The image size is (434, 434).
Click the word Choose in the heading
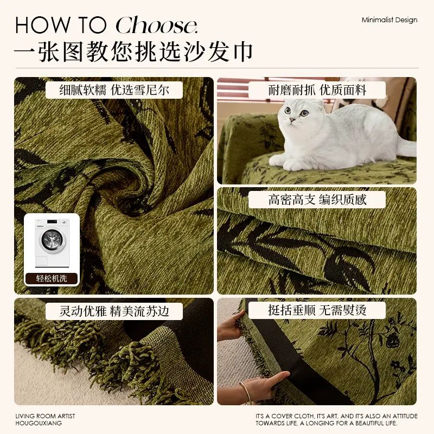156,25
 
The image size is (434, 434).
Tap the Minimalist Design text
389,20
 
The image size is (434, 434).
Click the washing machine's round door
52,240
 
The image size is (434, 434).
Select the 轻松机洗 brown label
52,278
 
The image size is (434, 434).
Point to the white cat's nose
292,119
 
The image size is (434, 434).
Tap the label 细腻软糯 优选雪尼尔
114,90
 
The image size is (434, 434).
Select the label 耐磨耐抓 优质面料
317,90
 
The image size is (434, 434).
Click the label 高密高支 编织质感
317,200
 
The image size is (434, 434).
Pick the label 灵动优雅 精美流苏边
114,311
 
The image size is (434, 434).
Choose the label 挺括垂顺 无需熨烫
317,310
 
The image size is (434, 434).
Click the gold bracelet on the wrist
247,392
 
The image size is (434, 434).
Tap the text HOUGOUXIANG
39,423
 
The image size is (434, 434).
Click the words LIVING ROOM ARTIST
45,416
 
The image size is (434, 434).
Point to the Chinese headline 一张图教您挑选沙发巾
133,52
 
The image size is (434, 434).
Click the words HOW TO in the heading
61,25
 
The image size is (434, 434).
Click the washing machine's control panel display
52,222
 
